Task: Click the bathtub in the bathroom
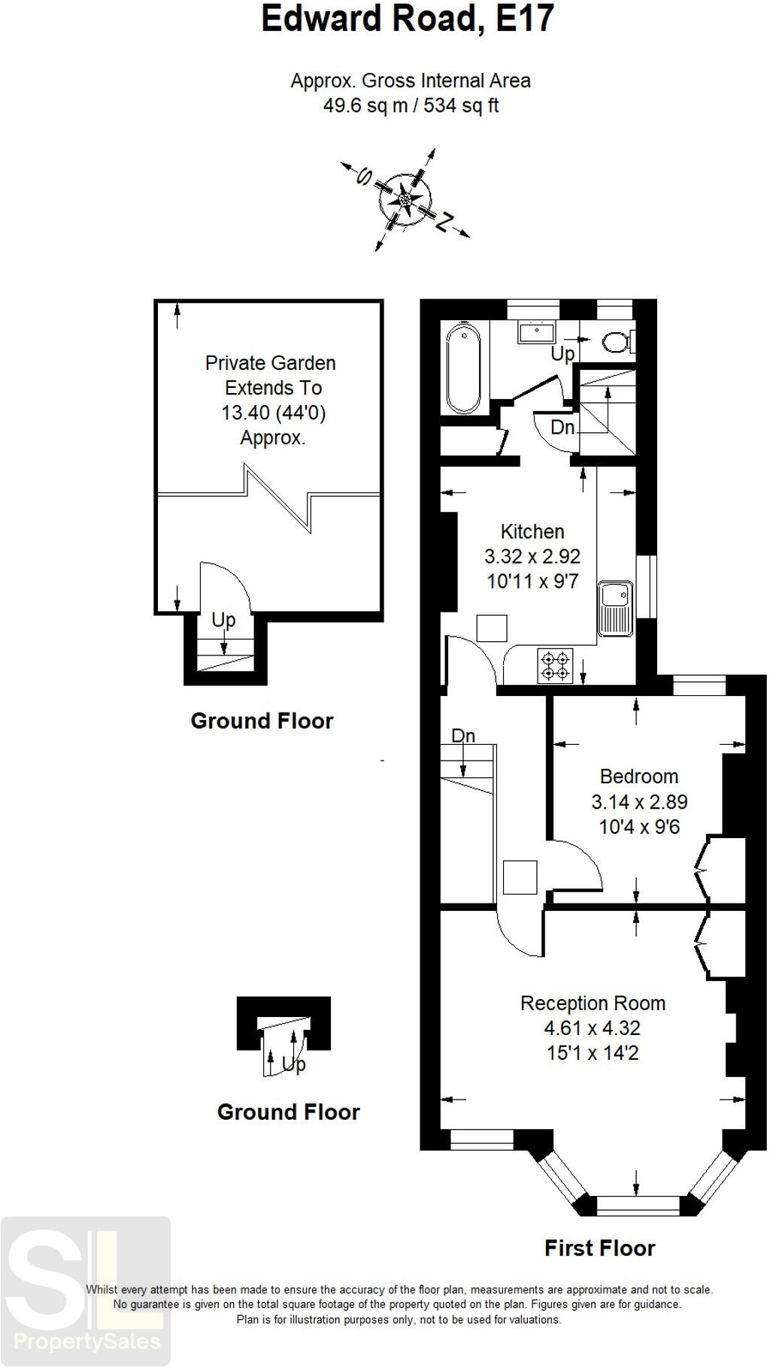pos(462,368)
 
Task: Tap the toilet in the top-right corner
pos(619,342)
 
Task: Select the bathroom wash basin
pos(536,331)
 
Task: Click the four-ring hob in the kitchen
pos(555,665)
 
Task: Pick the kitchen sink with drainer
pos(615,608)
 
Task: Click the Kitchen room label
pos(532,531)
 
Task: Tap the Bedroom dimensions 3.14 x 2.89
pos(639,802)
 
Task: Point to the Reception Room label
pos(593,1003)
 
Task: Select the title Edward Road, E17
pos(408,18)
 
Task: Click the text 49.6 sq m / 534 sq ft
pos(411,105)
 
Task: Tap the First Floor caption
pos(599,1248)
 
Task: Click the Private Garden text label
pos(271,363)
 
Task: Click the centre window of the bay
pos(638,1206)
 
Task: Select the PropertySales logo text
pos(87,1341)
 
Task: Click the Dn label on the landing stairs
pos(463,736)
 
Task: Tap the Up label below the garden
pos(223,620)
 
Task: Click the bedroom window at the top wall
pos(699,685)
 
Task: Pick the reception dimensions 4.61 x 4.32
pos(593,1028)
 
